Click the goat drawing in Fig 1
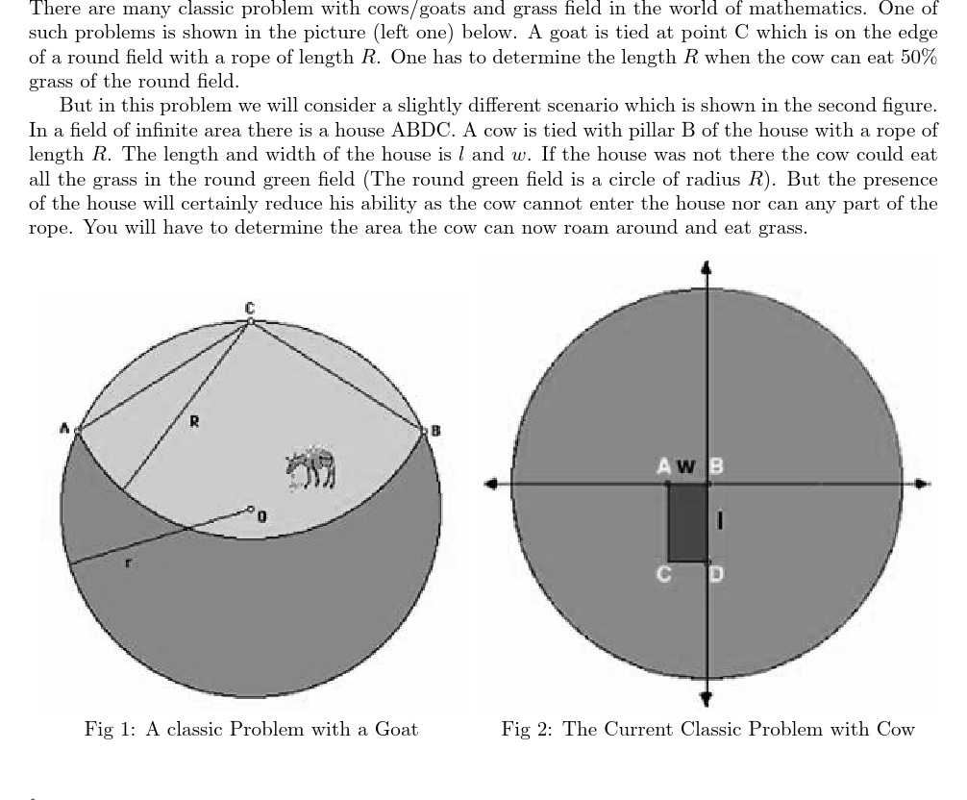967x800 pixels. click(x=310, y=467)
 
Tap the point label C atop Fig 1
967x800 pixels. click(x=249, y=308)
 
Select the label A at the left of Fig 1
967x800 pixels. click(x=64, y=429)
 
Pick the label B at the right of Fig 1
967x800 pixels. click(x=434, y=431)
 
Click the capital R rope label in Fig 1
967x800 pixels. click(x=193, y=420)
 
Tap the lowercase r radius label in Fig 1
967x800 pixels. click(x=129, y=562)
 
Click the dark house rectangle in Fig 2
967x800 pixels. click(x=688, y=522)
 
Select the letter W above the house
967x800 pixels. click(x=685, y=467)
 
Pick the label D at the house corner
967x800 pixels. click(x=717, y=575)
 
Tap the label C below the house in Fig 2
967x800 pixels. click(x=663, y=575)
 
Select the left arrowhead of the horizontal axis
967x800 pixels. click(x=491, y=484)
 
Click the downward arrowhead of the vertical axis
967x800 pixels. click(x=707, y=699)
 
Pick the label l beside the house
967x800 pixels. click(x=721, y=520)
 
